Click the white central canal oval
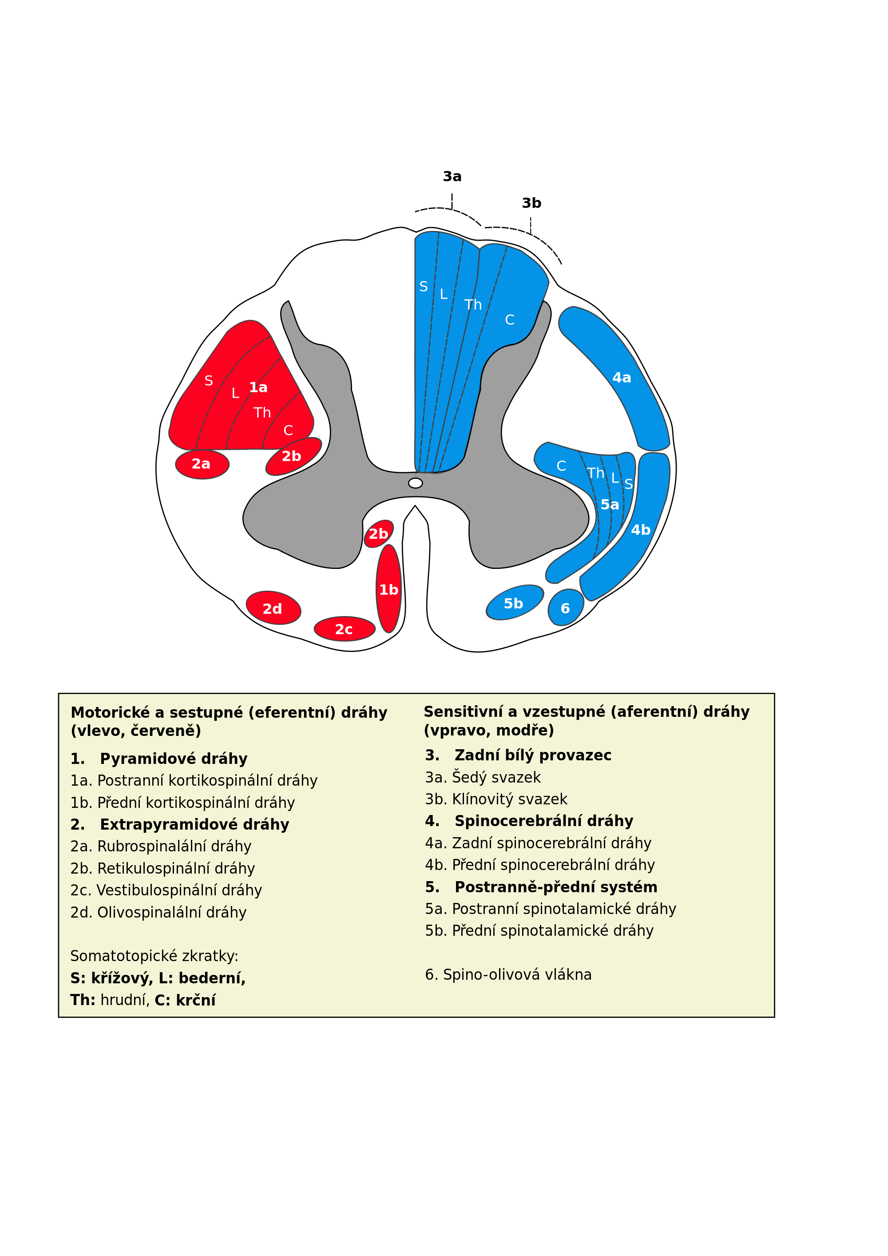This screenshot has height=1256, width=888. click(x=416, y=483)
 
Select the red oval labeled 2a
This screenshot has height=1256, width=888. click(x=202, y=465)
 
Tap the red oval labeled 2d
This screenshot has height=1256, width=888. click(x=273, y=608)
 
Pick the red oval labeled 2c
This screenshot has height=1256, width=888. click(x=345, y=629)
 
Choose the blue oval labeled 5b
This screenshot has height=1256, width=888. click(x=514, y=603)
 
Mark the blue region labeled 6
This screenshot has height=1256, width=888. click(x=565, y=608)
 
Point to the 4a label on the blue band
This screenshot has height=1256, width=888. click(x=622, y=378)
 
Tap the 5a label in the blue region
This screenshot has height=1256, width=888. click(x=610, y=505)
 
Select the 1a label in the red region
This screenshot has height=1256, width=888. click(x=258, y=387)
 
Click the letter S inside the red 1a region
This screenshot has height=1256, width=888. click(x=208, y=381)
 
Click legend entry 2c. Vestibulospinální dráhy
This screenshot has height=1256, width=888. click(x=166, y=890)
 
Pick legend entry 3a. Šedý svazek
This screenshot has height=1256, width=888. click(x=483, y=777)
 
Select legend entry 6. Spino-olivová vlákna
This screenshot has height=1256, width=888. click(x=508, y=974)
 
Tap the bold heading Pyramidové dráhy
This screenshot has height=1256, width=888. click(x=173, y=759)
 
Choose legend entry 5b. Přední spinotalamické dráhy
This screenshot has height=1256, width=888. click(x=539, y=930)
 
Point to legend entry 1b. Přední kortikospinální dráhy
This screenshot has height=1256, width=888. click(x=182, y=803)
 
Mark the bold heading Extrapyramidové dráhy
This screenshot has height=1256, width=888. click(x=194, y=824)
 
